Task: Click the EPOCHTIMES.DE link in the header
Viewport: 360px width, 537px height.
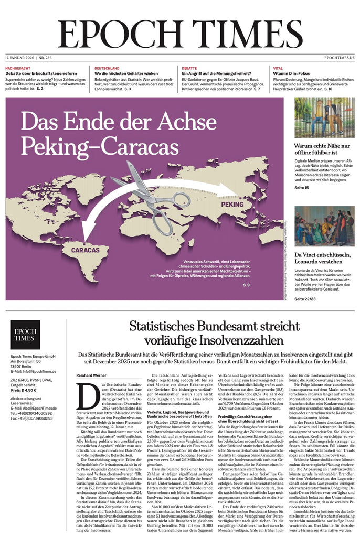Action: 339,57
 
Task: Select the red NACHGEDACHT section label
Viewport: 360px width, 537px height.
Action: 17,68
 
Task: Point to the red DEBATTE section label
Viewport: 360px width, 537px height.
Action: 189,68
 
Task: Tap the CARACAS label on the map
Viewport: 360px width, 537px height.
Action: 85,250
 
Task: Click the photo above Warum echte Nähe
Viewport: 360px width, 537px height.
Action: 324,117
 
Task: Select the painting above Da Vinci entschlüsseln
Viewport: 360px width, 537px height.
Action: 324,226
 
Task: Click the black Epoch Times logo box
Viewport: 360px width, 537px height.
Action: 25,335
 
